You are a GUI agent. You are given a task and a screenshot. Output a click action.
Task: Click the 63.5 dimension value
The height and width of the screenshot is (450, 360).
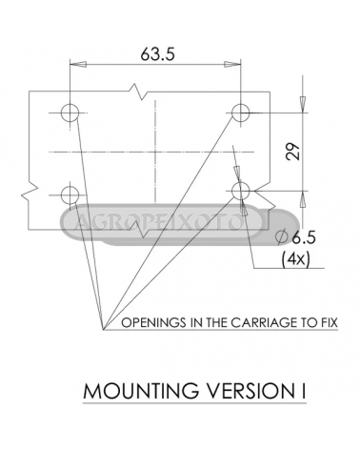158,54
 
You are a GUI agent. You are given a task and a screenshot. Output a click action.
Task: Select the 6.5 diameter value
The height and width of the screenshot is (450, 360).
304,237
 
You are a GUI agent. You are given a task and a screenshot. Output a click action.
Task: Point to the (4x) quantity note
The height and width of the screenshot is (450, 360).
295,259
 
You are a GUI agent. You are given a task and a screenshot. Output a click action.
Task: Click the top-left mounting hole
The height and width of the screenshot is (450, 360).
70,112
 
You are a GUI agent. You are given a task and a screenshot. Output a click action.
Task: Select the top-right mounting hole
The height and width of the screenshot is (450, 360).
240,112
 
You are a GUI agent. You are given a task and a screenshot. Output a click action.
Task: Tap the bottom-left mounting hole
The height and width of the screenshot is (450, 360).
70,194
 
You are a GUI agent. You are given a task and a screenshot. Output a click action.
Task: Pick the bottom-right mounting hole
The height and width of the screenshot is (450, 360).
241,191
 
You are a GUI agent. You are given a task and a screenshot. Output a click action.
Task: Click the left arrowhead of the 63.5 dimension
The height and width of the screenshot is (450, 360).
78,64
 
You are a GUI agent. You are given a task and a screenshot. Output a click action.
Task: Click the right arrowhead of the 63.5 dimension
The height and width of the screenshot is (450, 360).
232,64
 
